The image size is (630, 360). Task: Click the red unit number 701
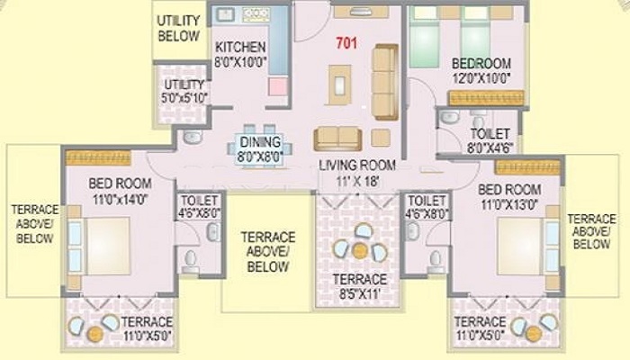coord(346,43)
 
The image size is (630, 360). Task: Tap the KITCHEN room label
coord(240,47)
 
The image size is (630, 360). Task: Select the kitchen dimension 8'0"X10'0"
coord(240,63)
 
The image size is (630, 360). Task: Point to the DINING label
coord(260,142)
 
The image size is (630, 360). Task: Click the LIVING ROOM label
coord(357,165)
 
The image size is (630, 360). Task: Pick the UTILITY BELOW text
coord(178,28)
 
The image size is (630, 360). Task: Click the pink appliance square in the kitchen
coord(278,86)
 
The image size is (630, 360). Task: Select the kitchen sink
coord(225,15)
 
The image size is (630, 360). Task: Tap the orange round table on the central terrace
coord(360,251)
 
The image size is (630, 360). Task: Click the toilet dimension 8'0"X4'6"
coord(490,148)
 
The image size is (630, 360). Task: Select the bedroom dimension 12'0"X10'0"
coord(481,78)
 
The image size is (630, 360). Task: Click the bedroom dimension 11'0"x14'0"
coord(121,199)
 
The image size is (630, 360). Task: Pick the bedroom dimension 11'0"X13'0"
coord(509,204)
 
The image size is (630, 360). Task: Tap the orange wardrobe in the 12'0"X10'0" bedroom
coord(486,98)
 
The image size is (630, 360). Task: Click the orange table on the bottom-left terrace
coord(95,334)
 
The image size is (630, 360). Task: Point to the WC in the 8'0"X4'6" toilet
coord(478,120)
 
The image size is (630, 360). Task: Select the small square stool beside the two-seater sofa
coord(381,138)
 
